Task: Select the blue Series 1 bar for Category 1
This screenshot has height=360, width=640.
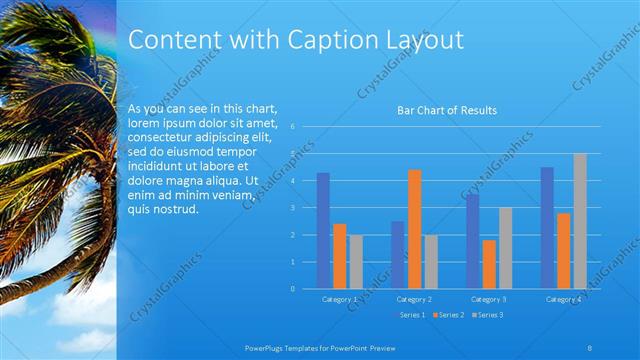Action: (323, 231)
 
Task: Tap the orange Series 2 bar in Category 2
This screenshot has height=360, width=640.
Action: (414, 229)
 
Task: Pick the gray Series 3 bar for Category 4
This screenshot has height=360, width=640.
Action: (580, 221)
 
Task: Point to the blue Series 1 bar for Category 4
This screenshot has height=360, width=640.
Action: (547, 228)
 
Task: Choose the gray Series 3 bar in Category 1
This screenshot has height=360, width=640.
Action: (356, 262)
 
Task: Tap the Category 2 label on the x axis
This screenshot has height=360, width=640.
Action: (414, 299)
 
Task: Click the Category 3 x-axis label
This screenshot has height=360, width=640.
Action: (489, 299)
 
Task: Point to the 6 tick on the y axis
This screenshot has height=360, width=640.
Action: (291, 127)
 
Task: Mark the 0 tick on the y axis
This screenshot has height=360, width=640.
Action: (291, 288)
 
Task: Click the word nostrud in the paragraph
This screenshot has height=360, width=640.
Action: (175, 210)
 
